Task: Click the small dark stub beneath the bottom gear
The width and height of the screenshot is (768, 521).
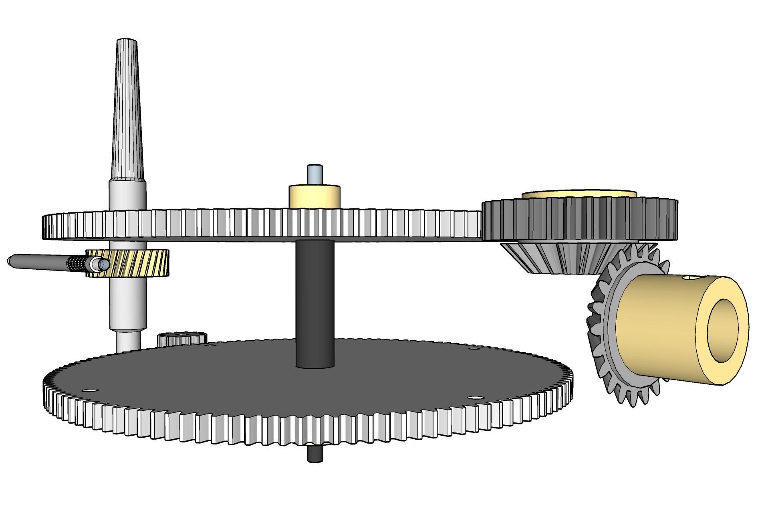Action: (315, 454)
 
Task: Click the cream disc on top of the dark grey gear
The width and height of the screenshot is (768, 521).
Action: (579, 194)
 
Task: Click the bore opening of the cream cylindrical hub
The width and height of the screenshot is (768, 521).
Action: (723, 331)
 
